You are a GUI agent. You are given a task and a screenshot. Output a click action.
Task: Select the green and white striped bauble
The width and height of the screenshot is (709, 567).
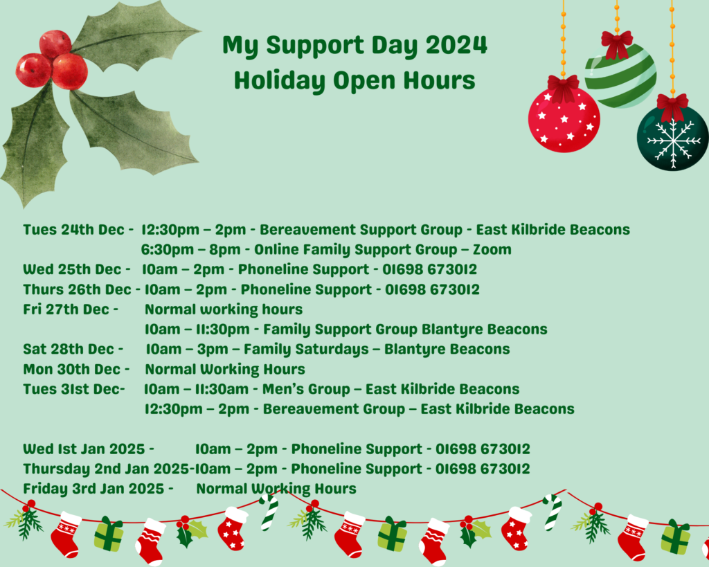[620, 76]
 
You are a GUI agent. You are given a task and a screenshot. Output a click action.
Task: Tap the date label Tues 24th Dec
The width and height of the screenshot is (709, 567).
[73, 230]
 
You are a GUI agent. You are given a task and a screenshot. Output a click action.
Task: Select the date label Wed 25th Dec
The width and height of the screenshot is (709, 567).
[72, 269]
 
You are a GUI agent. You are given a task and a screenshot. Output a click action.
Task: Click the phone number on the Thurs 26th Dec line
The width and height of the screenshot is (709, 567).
[432, 289]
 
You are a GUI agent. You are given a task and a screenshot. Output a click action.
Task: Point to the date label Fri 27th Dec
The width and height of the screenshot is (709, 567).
[66, 309]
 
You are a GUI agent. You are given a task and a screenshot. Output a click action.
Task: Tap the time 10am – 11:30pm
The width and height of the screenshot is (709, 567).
[197, 329]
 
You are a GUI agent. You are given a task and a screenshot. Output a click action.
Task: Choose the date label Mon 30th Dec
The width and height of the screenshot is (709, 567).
[72, 370]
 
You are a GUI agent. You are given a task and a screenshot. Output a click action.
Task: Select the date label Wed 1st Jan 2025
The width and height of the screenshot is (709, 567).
[84, 449]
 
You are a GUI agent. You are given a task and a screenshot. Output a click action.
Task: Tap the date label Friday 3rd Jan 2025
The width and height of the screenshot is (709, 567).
[93, 489]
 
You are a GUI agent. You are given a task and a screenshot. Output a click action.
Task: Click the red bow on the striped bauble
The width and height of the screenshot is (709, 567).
[617, 44]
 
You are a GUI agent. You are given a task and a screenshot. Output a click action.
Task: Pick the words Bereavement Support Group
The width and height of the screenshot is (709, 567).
[361, 230]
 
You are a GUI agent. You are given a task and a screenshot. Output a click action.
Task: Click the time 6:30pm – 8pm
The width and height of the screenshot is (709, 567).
[191, 250]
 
